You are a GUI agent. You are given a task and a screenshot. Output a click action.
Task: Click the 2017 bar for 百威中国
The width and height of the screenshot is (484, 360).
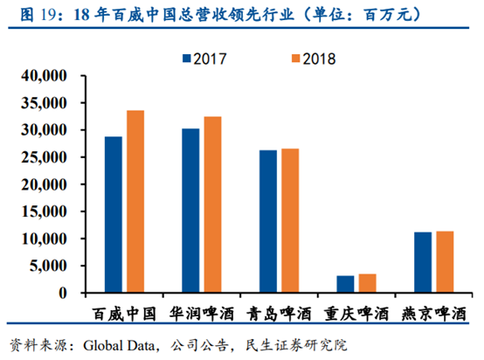[x=114, y=215]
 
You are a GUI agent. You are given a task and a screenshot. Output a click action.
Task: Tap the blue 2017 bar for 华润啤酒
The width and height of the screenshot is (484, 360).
[x=190, y=211]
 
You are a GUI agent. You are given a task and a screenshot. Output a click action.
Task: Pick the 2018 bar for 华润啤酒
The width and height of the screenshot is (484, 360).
[x=211, y=205]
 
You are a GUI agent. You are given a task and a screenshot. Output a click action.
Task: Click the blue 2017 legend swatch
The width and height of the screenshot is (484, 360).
[x=186, y=59]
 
